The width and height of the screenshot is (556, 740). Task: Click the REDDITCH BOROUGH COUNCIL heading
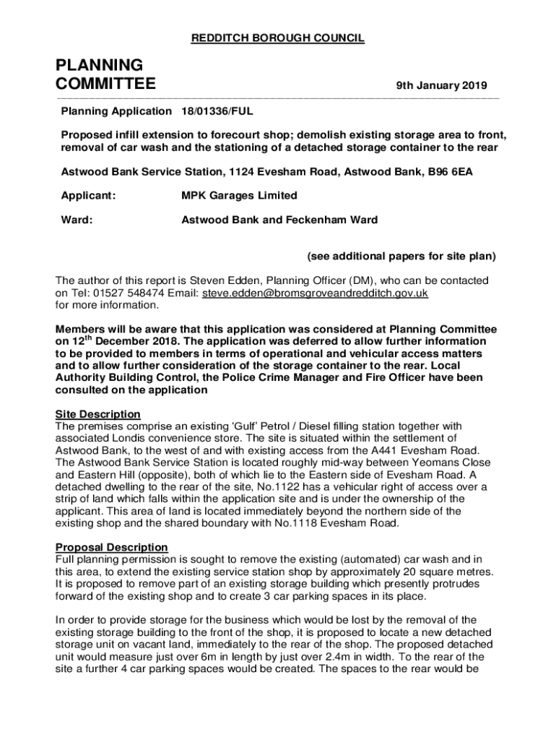point(277,38)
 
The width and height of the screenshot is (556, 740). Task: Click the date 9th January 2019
point(441,86)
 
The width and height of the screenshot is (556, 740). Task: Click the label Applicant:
point(88,195)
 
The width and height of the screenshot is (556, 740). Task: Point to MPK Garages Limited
point(239,195)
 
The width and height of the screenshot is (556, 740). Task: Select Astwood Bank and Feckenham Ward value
point(279,220)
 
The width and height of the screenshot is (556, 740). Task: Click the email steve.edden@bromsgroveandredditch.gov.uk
point(316,293)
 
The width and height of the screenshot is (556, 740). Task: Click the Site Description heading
point(98,414)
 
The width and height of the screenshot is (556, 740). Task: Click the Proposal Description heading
point(112,547)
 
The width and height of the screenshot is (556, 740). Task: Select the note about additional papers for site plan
point(401,256)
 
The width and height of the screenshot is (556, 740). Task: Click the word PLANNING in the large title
point(100,66)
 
